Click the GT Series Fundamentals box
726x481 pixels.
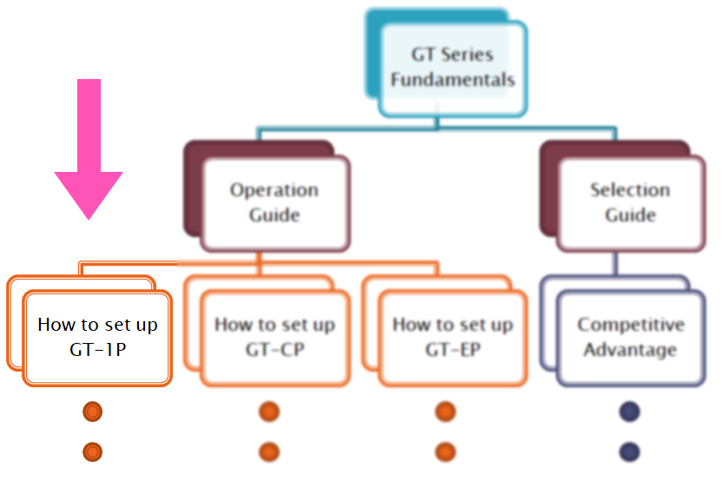tap(452, 68)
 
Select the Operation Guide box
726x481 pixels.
tap(274, 202)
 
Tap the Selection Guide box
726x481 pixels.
tap(630, 202)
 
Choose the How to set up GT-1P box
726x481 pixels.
tap(97, 337)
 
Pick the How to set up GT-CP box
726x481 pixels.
tap(274, 337)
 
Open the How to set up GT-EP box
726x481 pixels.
tap(452, 337)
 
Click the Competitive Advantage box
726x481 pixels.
tap(630, 337)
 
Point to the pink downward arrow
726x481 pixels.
tap(89, 148)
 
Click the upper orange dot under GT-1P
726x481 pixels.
tap(93, 412)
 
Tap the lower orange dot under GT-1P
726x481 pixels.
tap(93, 451)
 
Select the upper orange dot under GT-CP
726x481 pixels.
tap(269, 412)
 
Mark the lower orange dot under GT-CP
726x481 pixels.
tap(269, 451)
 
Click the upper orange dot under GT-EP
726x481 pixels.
tap(446, 412)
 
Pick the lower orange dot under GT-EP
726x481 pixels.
tap(446, 451)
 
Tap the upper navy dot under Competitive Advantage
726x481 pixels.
tap(630, 412)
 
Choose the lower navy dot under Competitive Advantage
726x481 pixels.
tap(630, 451)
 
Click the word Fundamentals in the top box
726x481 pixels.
tap(452, 80)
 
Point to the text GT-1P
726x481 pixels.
tap(97, 350)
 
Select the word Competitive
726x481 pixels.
tap(630, 325)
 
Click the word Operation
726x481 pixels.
tap(274, 190)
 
